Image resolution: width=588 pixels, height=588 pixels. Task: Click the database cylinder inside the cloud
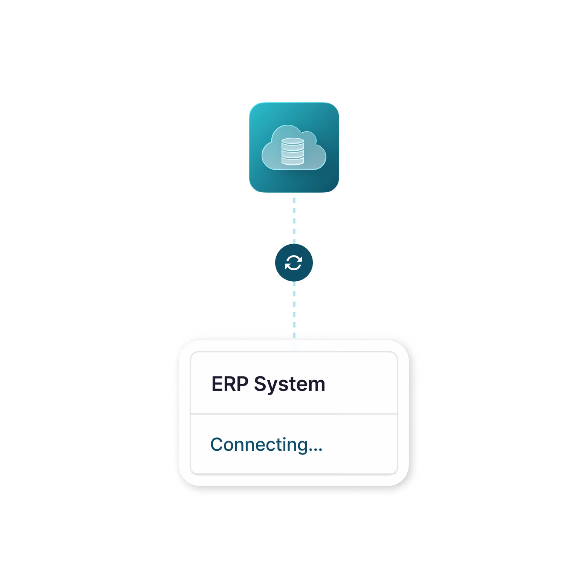click(293, 152)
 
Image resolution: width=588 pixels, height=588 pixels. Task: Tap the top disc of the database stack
click(293, 141)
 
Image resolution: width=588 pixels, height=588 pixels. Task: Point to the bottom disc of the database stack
click(293, 161)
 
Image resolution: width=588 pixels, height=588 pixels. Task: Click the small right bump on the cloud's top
click(308, 137)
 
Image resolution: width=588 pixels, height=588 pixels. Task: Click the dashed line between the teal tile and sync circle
click(294, 220)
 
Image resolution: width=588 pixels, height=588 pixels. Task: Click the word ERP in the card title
click(230, 384)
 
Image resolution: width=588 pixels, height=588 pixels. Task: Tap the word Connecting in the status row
click(259, 445)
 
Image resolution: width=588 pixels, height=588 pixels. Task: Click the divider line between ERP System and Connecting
click(294, 414)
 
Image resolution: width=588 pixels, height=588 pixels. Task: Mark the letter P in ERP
click(242, 384)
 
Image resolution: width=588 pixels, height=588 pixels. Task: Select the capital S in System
click(260, 384)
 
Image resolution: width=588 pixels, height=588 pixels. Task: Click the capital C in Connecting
click(217, 445)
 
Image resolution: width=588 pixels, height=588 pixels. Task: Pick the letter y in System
click(272, 388)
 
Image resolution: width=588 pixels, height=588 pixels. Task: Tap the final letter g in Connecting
click(302, 447)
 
